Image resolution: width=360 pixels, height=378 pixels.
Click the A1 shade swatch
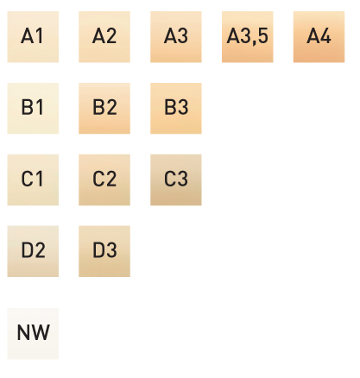(33, 37)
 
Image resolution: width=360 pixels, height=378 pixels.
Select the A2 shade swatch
(104, 37)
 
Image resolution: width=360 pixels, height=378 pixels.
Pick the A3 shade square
(176, 37)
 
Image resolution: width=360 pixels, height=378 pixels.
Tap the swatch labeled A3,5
(248, 37)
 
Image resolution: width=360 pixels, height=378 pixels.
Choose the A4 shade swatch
(319, 37)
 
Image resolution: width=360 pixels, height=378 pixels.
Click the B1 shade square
(33, 109)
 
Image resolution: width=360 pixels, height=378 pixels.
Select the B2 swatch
(104, 109)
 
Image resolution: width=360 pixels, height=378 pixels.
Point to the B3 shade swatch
(176, 109)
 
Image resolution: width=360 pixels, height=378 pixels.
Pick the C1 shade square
(33, 180)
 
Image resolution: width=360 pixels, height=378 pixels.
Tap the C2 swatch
(104, 180)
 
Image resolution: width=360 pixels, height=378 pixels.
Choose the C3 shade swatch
(176, 180)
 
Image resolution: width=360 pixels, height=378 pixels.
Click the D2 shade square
(33, 251)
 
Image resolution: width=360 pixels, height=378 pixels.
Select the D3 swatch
(104, 251)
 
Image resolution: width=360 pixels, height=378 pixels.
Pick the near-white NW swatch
(33, 334)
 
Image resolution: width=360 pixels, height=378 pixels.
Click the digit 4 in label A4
(325, 36)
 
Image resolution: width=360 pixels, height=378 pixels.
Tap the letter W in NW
(41, 332)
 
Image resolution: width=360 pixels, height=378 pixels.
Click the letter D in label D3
(98, 250)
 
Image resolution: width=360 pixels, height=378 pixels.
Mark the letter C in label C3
(169, 179)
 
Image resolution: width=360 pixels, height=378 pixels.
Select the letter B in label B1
(27, 108)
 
